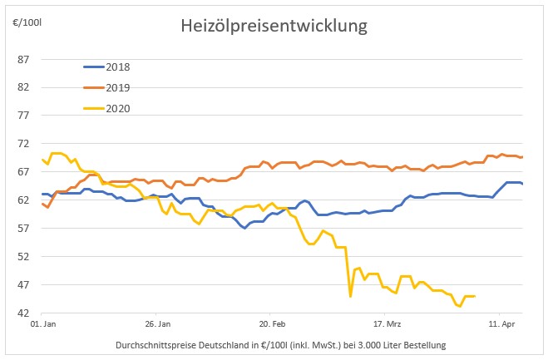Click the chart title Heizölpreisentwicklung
[x=274, y=26]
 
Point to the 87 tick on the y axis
[x=22, y=59]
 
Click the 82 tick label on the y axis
[x=22, y=87]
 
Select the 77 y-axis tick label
[x=22, y=116]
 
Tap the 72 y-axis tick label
[x=22, y=144]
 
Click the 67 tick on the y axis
[x=22, y=172]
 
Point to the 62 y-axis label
[x=22, y=200]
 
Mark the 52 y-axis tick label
[x=22, y=257]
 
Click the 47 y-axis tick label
[x=22, y=285]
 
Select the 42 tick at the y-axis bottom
[x=22, y=313]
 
